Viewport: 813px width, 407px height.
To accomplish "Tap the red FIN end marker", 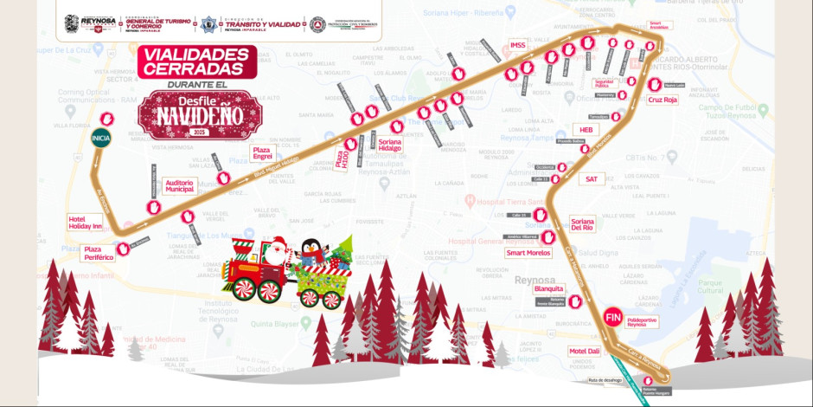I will click(x=613, y=318).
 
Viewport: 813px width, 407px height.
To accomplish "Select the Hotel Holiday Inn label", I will click(x=86, y=222).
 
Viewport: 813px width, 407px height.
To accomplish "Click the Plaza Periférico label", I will click(x=99, y=253).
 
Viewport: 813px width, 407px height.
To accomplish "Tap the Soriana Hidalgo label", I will click(x=390, y=144).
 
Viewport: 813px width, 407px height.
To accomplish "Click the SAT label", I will click(x=592, y=178).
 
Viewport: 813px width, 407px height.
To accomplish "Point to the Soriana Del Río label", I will click(x=582, y=224).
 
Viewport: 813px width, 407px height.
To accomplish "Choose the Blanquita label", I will click(x=549, y=289).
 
